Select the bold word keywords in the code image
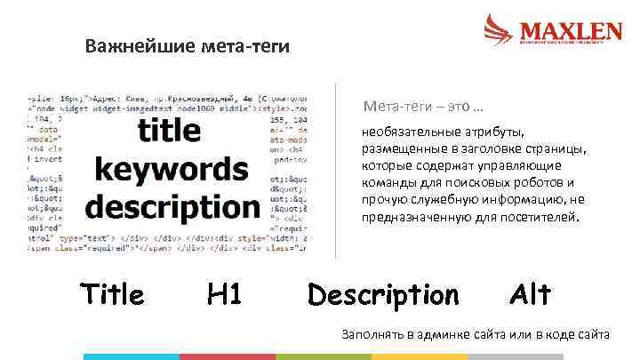pyautogui.click(x=172, y=168)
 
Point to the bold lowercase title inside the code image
pyautogui.click(x=170, y=131)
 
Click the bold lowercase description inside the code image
pyautogui.click(x=172, y=206)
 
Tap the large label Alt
pyautogui.click(x=531, y=294)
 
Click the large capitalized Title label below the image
pyautogui.click(x=112, y=294)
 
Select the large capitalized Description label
pyautogui.click(x=384, y=294)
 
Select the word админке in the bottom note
pyautogui.click(x=439, y=334)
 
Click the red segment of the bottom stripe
pyautogui.click(x=227, y=356)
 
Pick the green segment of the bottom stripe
pyautogui.click(x=323, y=356)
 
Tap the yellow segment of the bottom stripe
pyautogui.click(x=419, y=356)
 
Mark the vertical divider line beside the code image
pyautogui.click(x=335, y=169)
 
